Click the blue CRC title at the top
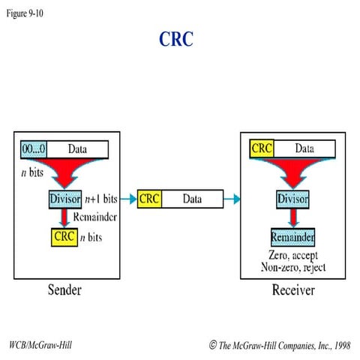point(176,39)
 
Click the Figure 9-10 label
point(25,13)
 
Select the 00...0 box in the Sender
point(34,149)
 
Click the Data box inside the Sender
point(78,149)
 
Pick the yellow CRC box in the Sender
point(64,237)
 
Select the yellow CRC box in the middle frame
point(150,199)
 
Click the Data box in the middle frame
point(192,199)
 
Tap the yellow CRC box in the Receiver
point(262,149)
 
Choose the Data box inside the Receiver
point(304,149)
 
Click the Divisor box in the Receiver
point(292,200)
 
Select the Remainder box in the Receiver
point(292,237)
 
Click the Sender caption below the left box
point(64,290)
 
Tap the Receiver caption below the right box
point(292,290)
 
